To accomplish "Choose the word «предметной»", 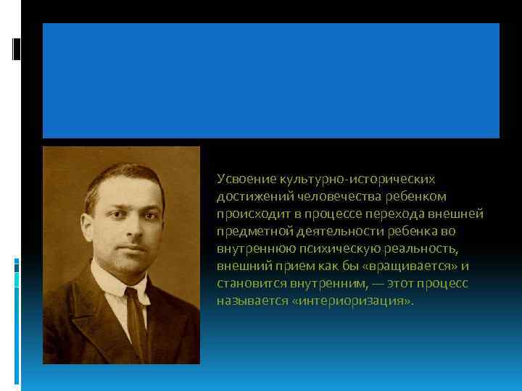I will point(251,231).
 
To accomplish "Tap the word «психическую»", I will point(320,248).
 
